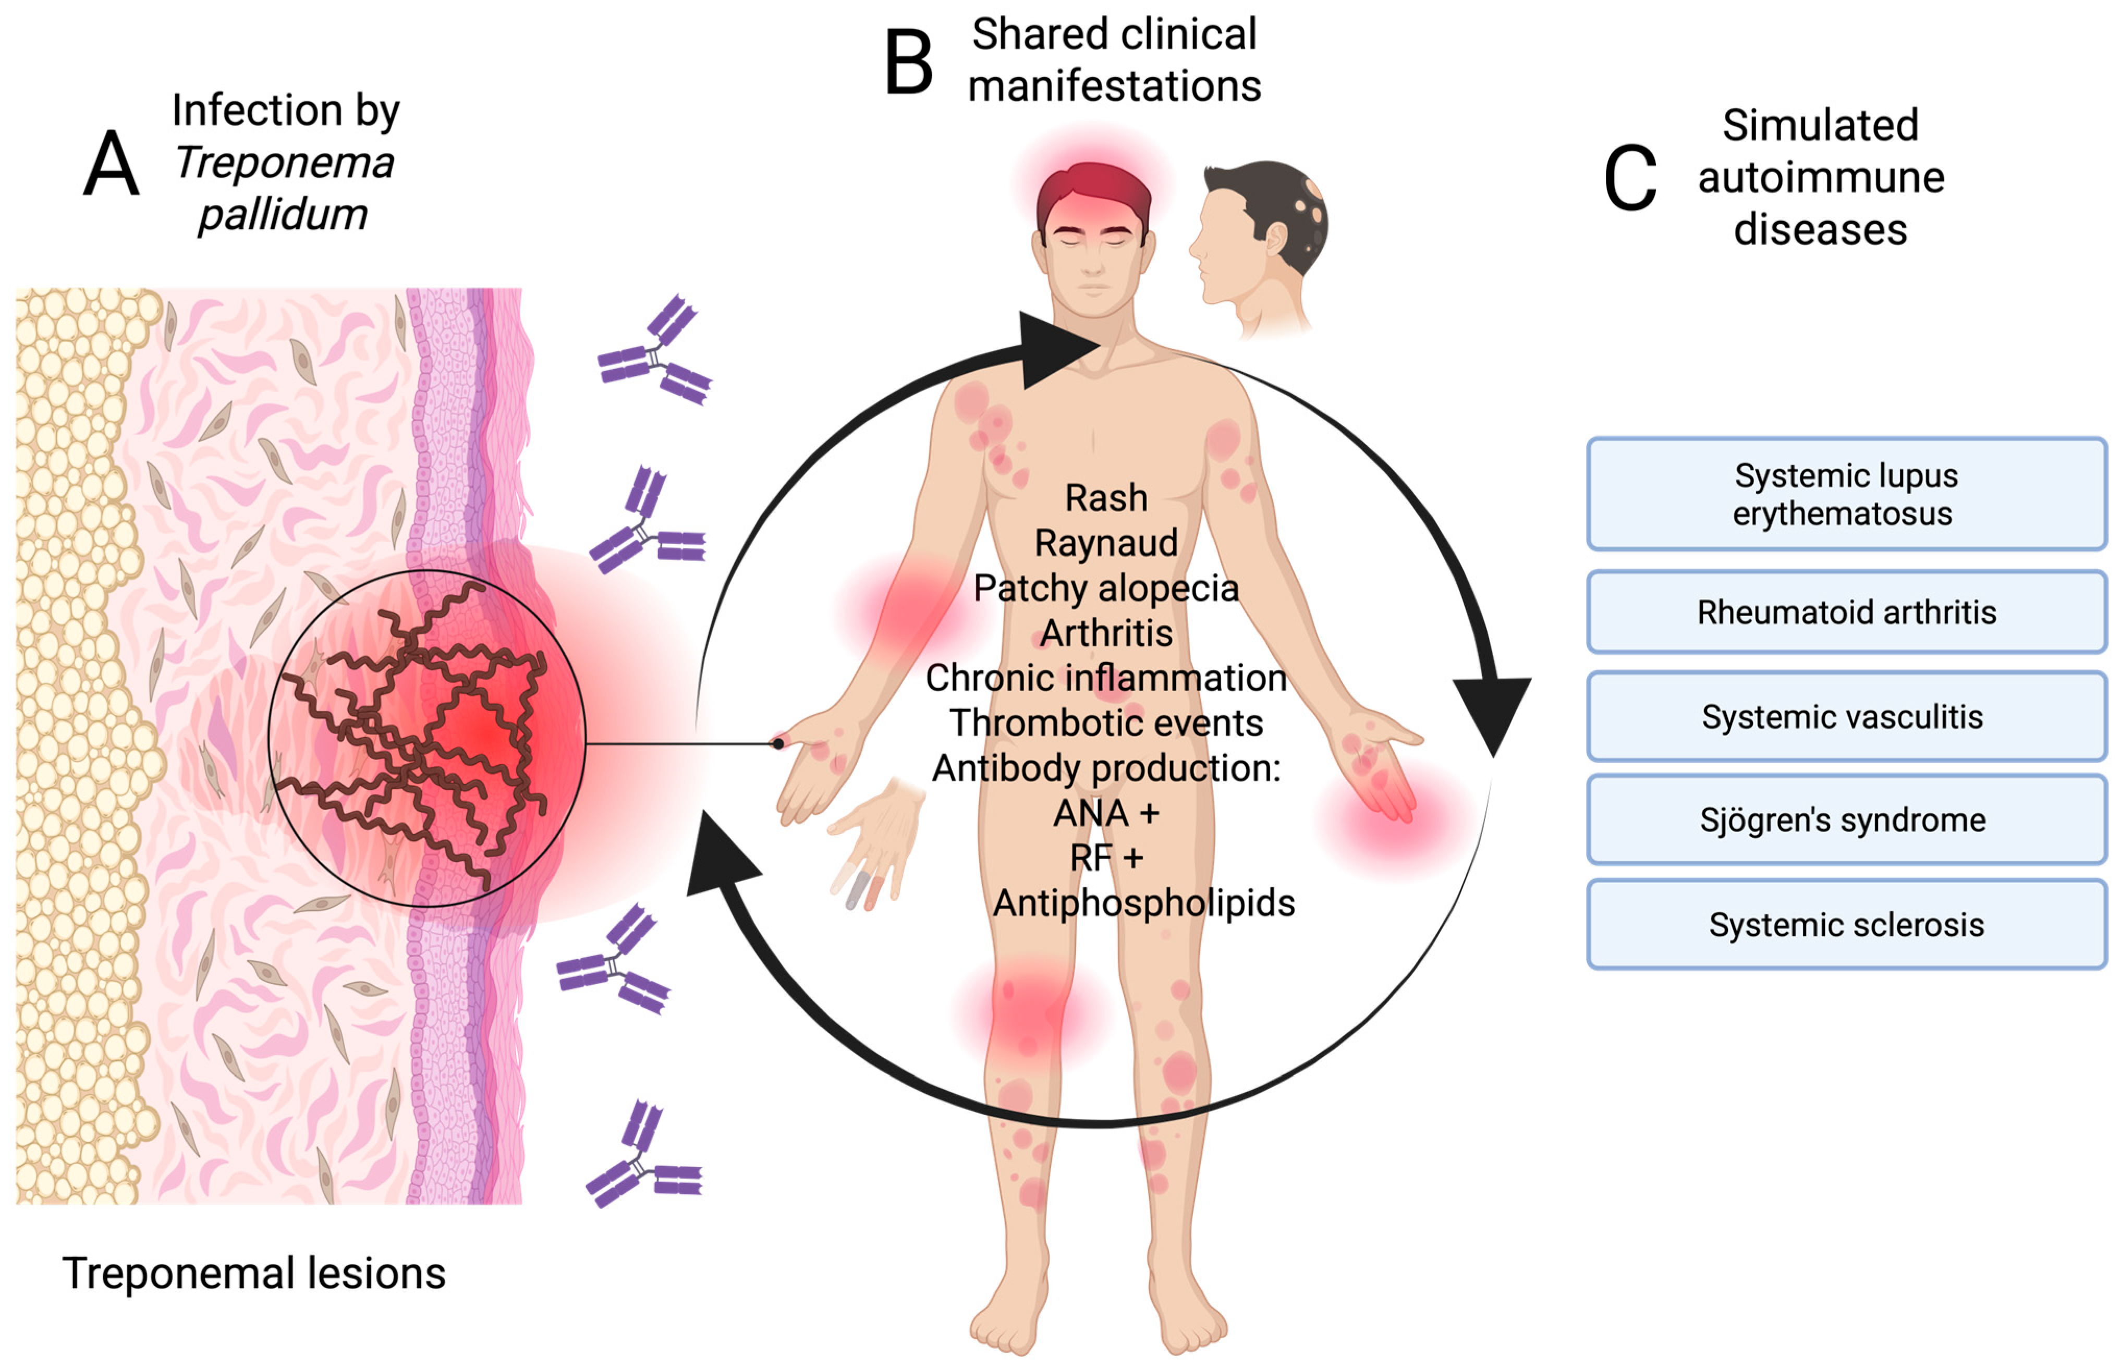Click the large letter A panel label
[111, 165]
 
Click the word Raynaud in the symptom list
[1106, 543]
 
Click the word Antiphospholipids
[1143, 903]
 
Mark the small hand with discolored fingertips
[876, 841]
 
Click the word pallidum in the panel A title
[283, 214]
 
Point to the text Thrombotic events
[1106, 723]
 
